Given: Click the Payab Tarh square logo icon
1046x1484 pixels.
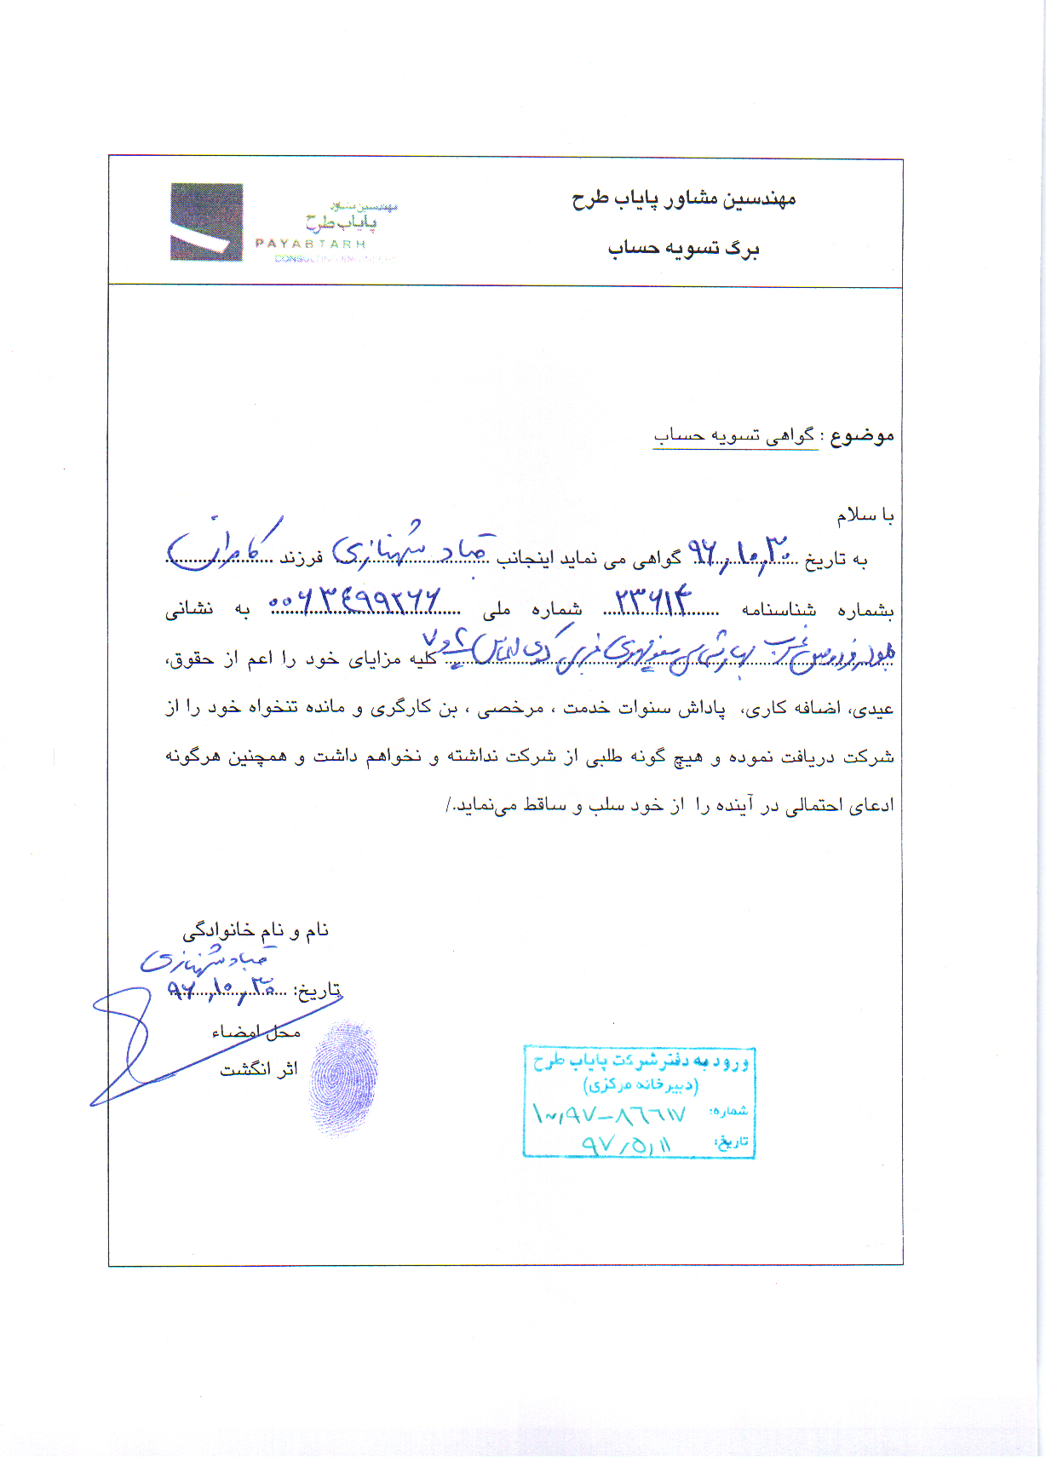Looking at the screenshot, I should point(206,222).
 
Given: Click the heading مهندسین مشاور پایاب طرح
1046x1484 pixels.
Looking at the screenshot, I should point(683,199).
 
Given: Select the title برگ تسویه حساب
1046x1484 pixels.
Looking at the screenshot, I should point(683,248).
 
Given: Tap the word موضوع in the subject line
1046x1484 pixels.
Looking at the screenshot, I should point(862,436).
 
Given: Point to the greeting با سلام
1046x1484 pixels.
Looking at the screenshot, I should point(865,515).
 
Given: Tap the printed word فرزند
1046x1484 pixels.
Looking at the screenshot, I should point(302,559).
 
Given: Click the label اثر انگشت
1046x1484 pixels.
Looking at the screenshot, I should point(259,1069).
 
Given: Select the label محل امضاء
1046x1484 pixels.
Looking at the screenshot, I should point(256,1032).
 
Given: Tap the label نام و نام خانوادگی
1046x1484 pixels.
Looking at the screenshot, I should point(256,930).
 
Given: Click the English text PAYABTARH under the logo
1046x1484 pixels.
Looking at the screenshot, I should point(310,244).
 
